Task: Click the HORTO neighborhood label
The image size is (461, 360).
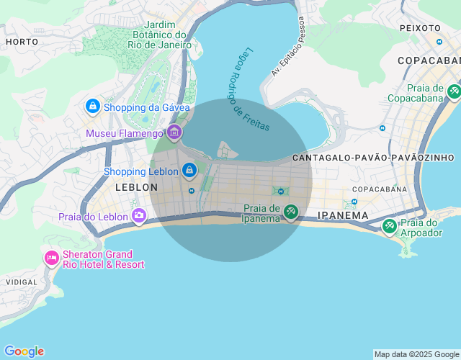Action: (x=22, y=42)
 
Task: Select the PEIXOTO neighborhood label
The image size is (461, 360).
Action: (x=420, y=28)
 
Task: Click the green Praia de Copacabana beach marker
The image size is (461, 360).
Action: (x=454, y=91)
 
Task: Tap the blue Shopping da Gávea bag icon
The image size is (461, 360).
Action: (x=92, y=107)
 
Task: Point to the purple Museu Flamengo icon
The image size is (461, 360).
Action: (x=174, y=132)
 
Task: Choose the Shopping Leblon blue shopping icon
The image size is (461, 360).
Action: (x=189, y=171)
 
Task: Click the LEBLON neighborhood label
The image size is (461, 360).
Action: (x=136, y=187)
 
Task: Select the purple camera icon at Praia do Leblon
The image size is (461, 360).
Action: (x=139, y=215)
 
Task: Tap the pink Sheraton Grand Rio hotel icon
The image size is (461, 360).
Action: (x=51, y=258)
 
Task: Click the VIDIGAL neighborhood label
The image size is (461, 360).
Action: (x=22, y=282)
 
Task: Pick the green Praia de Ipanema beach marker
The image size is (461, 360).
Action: (x=290, y=212)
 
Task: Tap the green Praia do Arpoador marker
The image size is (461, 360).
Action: (x=389, y=226)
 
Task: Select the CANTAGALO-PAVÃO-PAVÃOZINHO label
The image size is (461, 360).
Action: (x=373, y=157)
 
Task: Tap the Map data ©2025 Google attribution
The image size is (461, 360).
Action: (x=416, y=354)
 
